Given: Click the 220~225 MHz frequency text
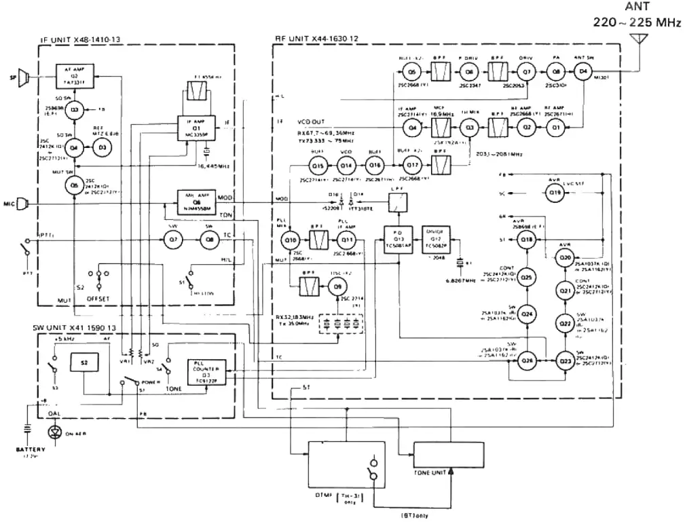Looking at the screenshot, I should point(637,23).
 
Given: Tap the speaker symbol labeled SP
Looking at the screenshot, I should point(23,77).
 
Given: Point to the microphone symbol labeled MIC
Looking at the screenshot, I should point(22,203).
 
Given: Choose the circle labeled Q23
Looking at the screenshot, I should point(565,361).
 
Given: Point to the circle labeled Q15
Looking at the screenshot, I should point(317,166).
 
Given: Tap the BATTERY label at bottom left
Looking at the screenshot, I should point(31,449).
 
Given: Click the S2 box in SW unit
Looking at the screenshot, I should point(85,363).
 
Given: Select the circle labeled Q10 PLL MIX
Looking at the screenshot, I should point(291,240).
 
